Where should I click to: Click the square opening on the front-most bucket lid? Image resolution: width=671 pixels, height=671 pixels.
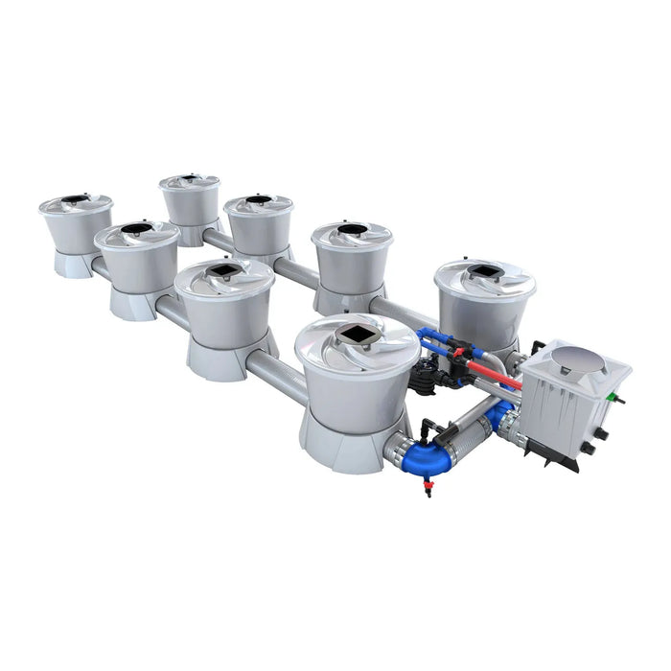coord(359,334)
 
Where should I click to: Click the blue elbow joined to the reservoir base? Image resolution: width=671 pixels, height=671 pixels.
coord(499,419)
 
